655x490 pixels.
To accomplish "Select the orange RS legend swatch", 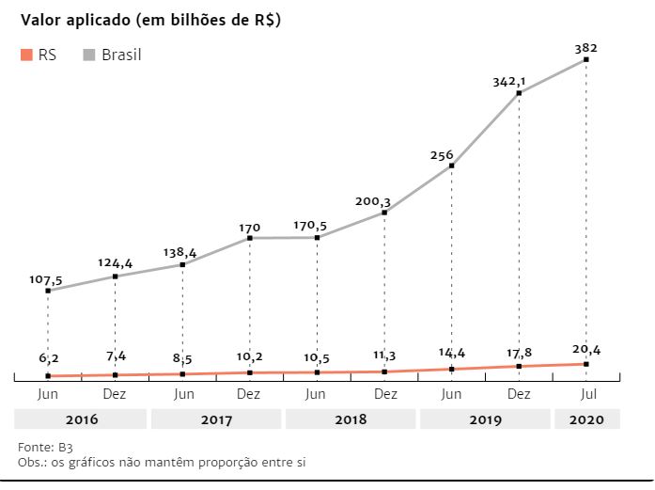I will coord(25,55).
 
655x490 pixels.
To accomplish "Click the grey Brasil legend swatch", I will coord(89,55).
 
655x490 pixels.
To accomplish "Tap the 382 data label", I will coord(585,47).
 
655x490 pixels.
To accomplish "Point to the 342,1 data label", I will coord(508,81).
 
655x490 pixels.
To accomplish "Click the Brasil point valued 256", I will coord(452,166).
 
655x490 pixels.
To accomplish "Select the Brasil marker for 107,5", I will coord(48,291).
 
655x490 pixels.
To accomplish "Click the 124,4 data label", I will coord(115,263).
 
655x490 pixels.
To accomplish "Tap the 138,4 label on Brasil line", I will coord(182,252).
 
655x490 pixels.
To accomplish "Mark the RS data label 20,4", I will coord(586,350).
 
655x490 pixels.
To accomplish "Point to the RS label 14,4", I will coord(452,355).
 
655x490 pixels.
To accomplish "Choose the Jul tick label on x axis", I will coord(586,393).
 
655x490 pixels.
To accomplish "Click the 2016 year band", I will coord(81,419).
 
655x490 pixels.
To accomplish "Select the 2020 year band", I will coord(586,419).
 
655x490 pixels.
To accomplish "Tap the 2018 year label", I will coord(351,419).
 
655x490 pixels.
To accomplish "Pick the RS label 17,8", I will coord(519,354).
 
